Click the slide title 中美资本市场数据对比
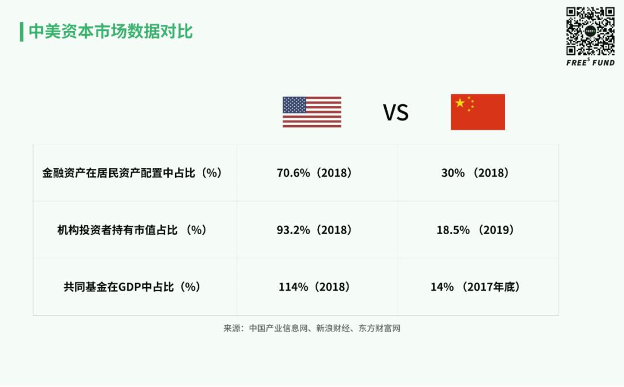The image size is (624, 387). [x=110, y=31]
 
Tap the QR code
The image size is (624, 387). [x=590, y=31]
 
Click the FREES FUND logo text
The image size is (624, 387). [x=590, y=62]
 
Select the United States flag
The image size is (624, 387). [x=312, y=112]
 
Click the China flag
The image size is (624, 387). [x=478, y=112]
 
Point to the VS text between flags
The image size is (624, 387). [x=396, y=112]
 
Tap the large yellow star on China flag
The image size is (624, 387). [x=460, y=103]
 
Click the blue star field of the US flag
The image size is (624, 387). [x=295, y=105]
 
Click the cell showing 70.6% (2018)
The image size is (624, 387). [x=314, y=173]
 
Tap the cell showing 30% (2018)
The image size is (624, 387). [x=475, y=173]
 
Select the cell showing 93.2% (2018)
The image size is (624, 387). [x=314, y=230]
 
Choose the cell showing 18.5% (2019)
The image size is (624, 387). [x=475, y=230]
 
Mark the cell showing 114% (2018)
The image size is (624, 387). [x=314, y=287]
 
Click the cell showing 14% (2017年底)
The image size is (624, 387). [x=475, y=287]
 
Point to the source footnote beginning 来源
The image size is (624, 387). [x=312, y=328]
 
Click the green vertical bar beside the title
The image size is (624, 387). [x=21, y=32]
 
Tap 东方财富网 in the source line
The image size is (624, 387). [x=380, y=328]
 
